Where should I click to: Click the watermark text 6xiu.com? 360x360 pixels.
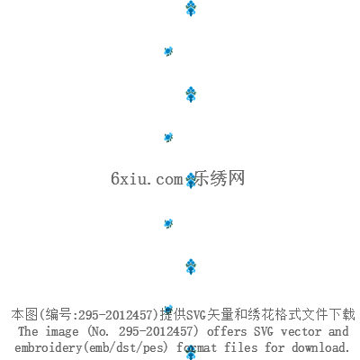click(147, 178)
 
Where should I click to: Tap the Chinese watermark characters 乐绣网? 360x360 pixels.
click(220, 178)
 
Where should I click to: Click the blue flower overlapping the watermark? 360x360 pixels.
click(191, 181)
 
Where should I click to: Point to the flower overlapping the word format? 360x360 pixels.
click(191, 353)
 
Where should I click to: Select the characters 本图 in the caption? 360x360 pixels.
click(24, 314)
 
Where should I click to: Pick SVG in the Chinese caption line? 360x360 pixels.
click(196, 315)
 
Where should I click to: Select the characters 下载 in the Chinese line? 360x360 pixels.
click(342, 314)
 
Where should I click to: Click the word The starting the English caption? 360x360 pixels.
click(28, 331)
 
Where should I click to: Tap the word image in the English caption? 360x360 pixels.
click(62, 332)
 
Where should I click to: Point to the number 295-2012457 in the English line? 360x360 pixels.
click(156, 331)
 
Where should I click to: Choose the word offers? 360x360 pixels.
click(227, 331)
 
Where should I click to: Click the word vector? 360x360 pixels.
click(301, 332)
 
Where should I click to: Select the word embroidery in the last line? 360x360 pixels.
click(49, 348)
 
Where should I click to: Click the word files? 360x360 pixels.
click(241, 347)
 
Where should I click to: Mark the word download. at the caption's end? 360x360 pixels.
click(320, 347)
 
